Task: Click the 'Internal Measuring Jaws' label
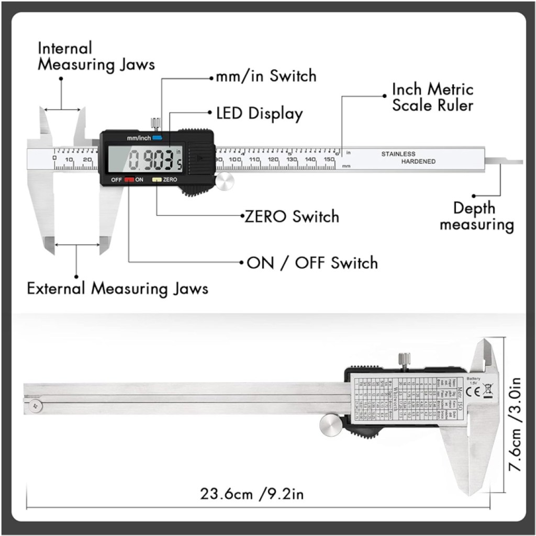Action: coord(96,57)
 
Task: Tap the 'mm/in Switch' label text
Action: coord(266,76)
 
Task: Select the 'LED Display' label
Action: coord(260,114)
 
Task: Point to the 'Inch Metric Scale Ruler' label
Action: coord(432,97)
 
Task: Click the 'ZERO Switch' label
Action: coord(292,216)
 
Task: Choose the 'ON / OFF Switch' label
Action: coord(312,262)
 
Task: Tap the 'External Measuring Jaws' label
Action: coord(118,288)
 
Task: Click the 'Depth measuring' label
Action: coord(476,216)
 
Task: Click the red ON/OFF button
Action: coord(129,180)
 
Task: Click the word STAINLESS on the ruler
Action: coord(398,154)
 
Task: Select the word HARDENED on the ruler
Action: coord(418,162)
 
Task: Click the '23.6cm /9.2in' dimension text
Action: coord(251,494)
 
